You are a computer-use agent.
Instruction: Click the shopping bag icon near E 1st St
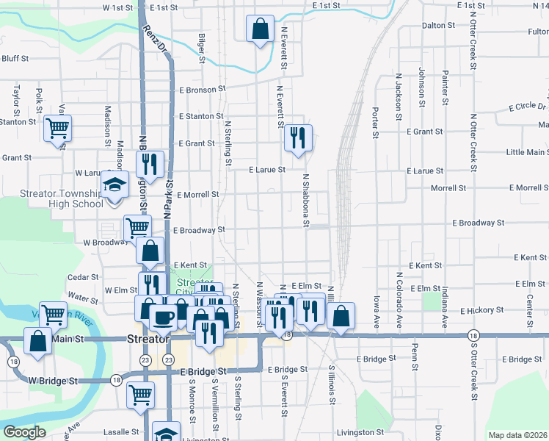pyautogui.click(x=261, y=29)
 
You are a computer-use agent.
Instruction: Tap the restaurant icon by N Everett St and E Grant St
pyautogui.click(x=298, y=138)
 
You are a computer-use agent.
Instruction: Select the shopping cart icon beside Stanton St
pyautogui.click(x=57, y=129)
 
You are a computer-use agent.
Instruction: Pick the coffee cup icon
pyautogui.click(x=163, y=318)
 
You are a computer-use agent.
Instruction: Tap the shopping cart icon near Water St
pyautogui.click(x=54, y=315)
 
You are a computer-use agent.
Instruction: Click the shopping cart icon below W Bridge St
pyautogui.click(x=139, y=394)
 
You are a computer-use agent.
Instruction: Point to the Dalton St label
pyautogui.click(x=439, y=25)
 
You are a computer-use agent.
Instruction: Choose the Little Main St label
pyautogui.click(x=526, y=152)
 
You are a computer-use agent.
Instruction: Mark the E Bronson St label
pyautogui.click(x=202, y=90)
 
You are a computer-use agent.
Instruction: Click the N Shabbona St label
pyautogui.click(x=306, y=200)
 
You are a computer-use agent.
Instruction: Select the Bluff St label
pyautogui.click(x=15, y=58)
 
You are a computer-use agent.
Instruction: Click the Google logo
pyautogui.click(x=24, y=432)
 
